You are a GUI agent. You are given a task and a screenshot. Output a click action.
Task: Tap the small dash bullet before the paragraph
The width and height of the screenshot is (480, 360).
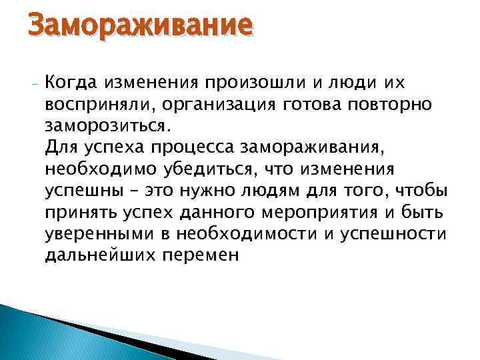tap(33, 83)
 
